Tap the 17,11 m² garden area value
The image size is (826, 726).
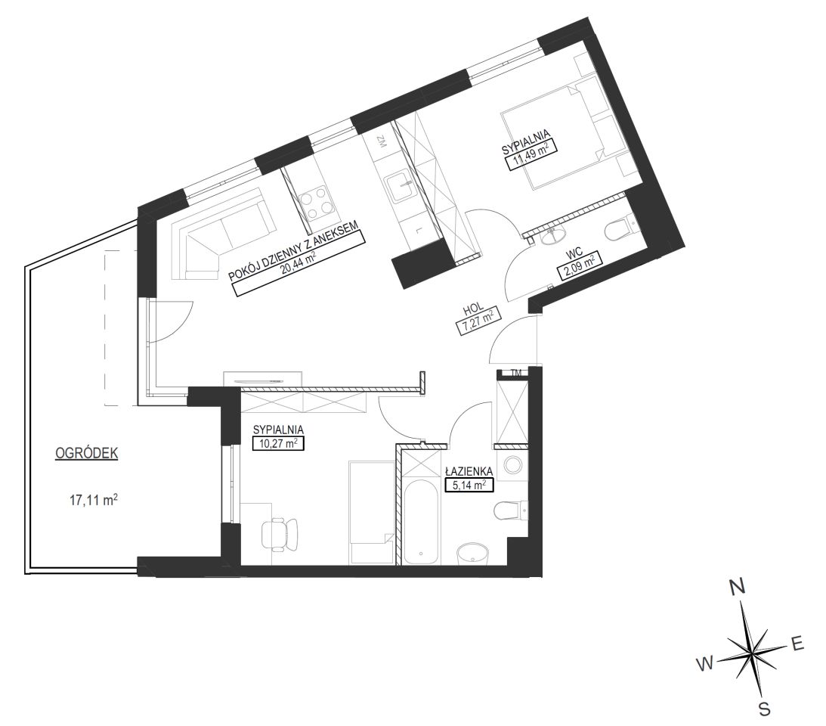coord(94,500)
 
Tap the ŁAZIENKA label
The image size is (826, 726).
coord(469,470)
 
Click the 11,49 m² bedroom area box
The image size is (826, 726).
coord(531,157)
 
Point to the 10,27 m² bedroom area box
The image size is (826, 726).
coord(279,443)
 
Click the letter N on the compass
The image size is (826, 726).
coord(737,587)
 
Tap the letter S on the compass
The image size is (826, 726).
coord(765,709)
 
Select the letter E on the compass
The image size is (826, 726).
coord(797,644)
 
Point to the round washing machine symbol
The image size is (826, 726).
coord(513,464)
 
